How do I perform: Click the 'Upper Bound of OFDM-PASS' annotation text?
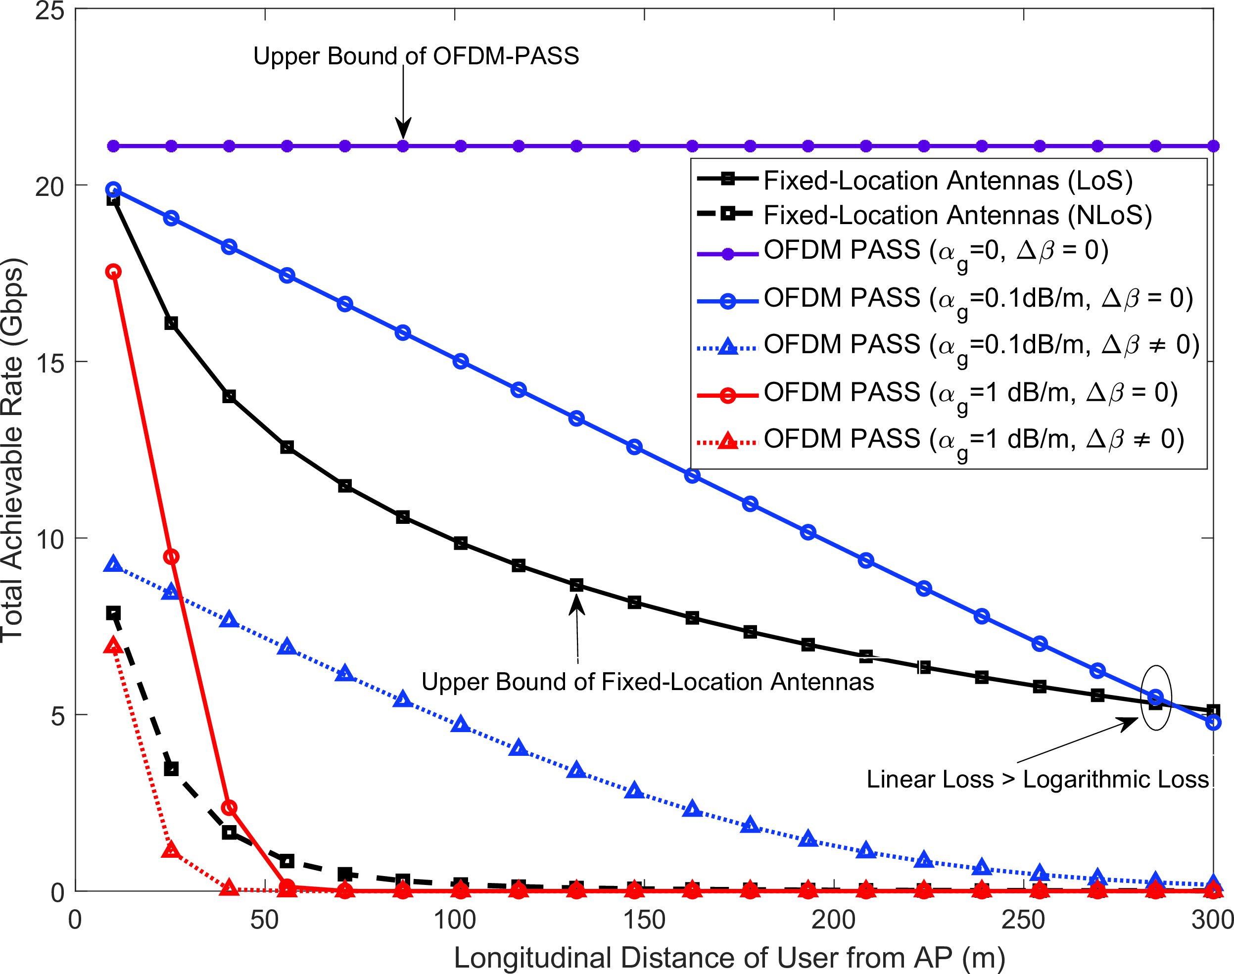click(x=416, y=56)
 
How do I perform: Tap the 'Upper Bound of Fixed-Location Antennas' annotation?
click(x=647, y=682)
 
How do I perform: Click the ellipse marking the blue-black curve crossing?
click(x=1156, y=697)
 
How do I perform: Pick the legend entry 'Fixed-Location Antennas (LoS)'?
click(x=947, y=180)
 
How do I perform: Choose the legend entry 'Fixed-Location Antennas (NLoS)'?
click(x=957, y=215)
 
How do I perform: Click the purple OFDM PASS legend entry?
click(x=936, y=250)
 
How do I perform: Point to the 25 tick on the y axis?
click(x=49, y=10)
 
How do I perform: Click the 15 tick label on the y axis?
click(x=49, y=363)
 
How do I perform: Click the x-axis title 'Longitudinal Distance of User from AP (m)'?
click(x=729, y=958)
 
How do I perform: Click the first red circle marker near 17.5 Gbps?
click(x=113, y=272)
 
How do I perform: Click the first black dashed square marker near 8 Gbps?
click(x=113, y=613)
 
